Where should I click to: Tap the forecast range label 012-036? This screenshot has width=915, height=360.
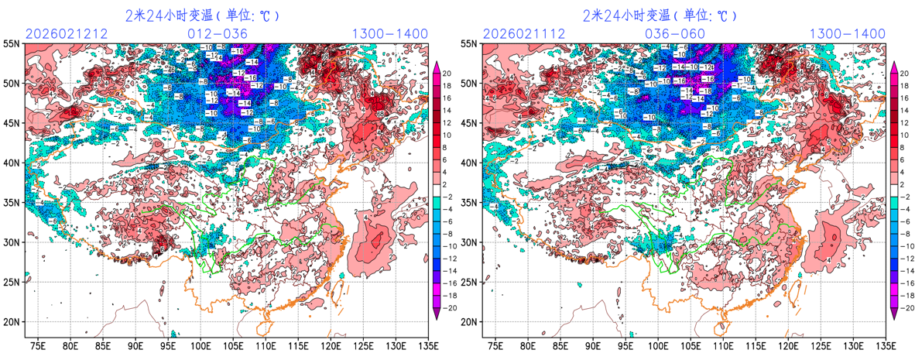coord(218,33)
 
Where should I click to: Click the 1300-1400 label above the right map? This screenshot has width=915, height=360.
coord(847,33)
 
